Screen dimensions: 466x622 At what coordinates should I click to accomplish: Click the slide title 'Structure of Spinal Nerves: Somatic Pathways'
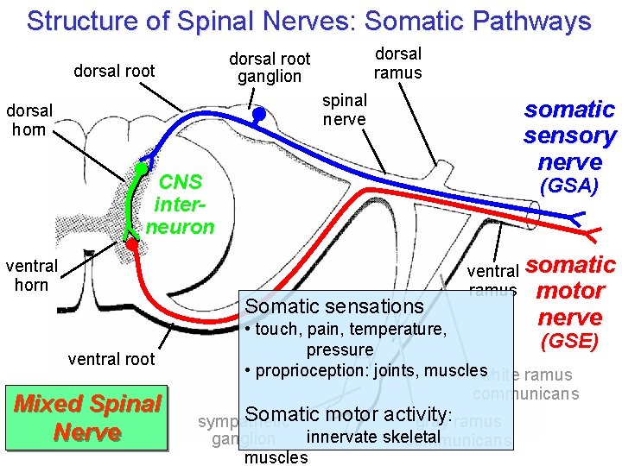[x=308, y=21]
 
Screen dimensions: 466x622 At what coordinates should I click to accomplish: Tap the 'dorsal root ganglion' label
[x=270, y=67]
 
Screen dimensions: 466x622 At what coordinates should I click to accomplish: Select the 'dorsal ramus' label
[x=397, y=63]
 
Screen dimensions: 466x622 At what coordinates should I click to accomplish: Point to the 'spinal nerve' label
[x=344, y=110]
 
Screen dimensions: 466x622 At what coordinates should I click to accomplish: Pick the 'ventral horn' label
[x=31, y=275]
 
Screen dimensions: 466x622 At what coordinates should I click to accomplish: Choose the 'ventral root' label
[x=111, y=359]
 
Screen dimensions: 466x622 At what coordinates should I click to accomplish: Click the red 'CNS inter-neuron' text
[x=180, y=205]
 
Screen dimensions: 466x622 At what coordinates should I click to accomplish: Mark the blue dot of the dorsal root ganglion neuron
[x=258, y=113]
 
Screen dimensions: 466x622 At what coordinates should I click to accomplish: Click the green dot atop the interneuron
[x=139, y=167]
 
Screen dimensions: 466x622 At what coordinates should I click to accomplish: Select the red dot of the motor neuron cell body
[x=131, y=244]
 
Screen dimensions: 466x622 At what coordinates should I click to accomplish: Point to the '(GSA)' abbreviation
[x=568, y=186]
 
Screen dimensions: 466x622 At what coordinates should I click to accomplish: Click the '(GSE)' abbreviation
[x=568, y=341]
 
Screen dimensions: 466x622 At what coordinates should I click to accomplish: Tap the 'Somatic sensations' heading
[x=334, y=306]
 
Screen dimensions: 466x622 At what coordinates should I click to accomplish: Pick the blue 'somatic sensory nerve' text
[x=569, y=135]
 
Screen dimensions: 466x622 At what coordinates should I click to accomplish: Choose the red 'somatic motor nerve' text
[x=569, y=290]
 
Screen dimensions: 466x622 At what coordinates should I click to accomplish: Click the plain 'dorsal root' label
[x=114, y=71]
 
